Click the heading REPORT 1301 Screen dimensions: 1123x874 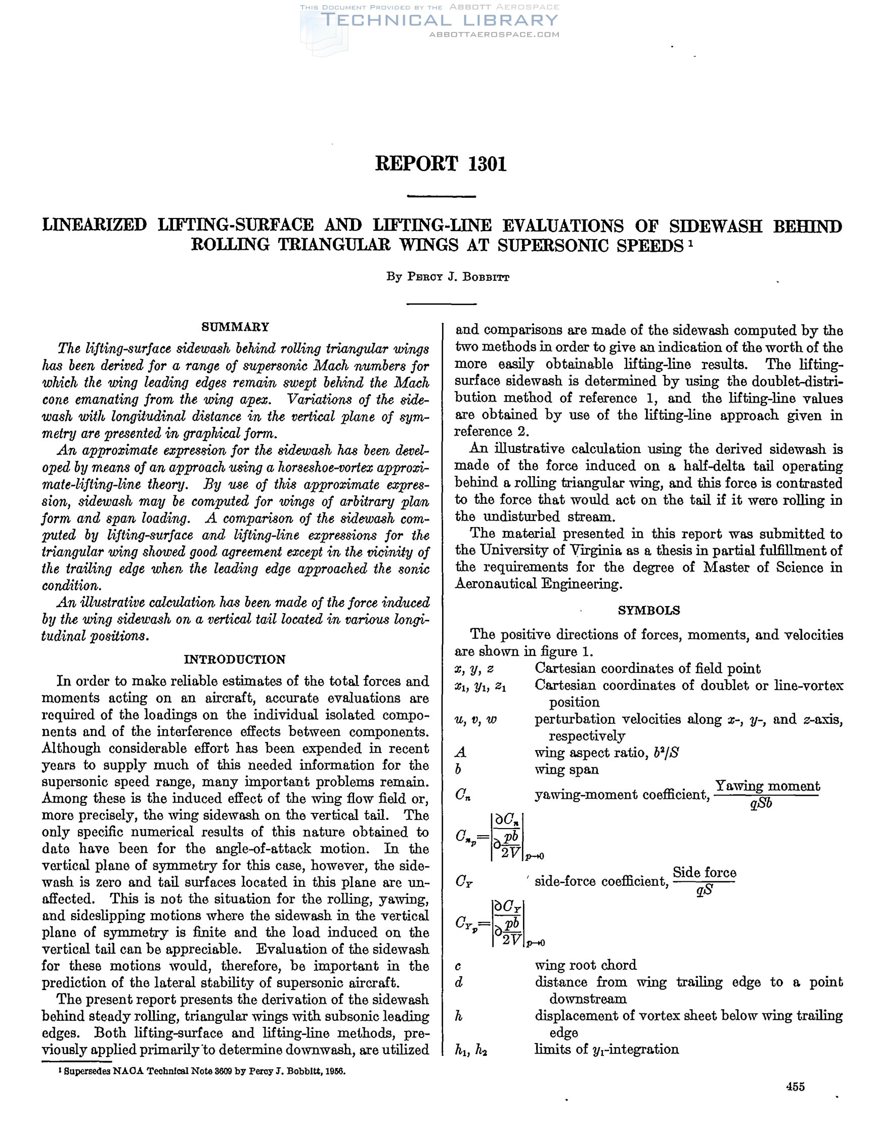441,164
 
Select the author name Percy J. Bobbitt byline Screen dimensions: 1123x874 448,277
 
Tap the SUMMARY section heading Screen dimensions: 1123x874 236,327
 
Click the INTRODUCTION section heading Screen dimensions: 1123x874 235,660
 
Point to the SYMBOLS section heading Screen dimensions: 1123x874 648,611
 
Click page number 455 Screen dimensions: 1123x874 795,1087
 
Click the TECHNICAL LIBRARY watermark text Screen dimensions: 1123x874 440,20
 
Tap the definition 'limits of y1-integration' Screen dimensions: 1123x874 606,1049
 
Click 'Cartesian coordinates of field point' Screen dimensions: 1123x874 647,668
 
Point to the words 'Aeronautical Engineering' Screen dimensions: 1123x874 538,584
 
